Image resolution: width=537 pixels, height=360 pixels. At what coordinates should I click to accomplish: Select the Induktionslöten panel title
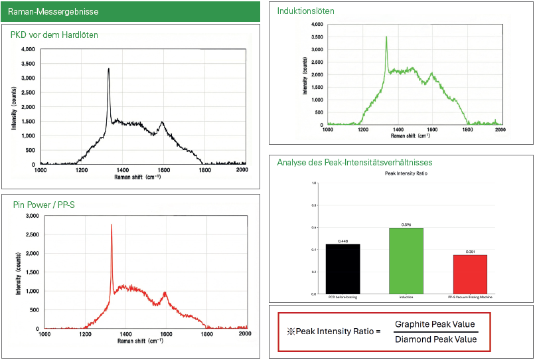pos(306,11)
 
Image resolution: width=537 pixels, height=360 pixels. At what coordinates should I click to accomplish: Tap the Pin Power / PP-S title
pos(44,205)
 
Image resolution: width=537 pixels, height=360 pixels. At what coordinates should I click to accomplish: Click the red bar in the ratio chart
pos(471,274)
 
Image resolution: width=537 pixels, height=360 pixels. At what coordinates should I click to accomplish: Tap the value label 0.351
pos(471,252)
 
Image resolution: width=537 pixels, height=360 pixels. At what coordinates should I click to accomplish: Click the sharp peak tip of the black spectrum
pos(108,68)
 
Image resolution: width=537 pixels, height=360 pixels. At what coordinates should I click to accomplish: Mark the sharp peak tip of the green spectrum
pos(386,37)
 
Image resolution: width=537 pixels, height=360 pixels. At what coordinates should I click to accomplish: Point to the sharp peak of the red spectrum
pos(112,225)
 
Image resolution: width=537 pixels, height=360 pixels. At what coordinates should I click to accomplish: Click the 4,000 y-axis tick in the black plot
pos(27,50)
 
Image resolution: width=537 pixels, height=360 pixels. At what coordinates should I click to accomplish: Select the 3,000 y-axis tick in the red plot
pos(31,217)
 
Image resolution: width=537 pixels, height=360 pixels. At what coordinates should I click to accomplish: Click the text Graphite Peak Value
pos(435,324)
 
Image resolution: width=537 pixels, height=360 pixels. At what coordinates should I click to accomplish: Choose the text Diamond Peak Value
pos(435,339)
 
